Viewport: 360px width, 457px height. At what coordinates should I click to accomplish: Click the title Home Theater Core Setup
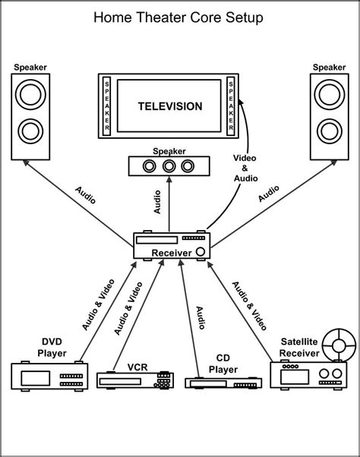click(179, 17)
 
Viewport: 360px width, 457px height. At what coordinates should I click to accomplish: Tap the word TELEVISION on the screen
click(169, 107)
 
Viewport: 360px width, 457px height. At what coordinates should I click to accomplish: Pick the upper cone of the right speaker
click(330, 96)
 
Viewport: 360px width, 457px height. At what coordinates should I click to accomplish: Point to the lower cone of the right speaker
click(330, 131)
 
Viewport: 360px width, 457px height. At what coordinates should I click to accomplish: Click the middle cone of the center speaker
click(169, 166)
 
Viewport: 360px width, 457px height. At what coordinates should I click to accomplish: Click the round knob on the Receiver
click(201, 251)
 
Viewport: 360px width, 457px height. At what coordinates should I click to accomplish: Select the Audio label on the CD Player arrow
click(200, 317)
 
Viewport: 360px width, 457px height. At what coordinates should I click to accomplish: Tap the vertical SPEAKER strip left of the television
click(107, 106)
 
